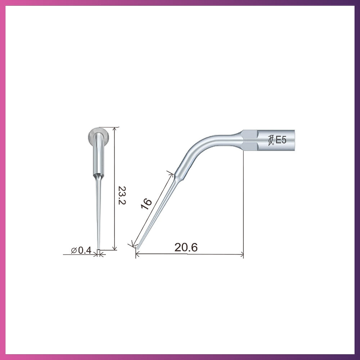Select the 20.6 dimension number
click(186, 247)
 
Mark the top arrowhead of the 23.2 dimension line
click(115, 129)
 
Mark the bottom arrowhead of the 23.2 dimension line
click(115, 248)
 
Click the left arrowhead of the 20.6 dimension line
click(138, 254)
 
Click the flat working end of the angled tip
click(137, 247)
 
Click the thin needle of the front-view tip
click(98, 216)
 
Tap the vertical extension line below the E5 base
click(244, 202)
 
